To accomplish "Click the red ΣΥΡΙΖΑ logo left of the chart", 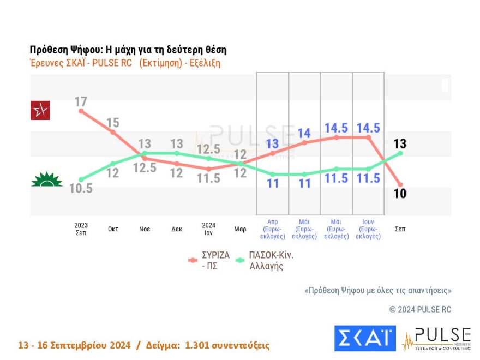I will click(40, 111).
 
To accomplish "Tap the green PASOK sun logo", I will click(46, 179).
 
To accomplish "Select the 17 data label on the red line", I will click(81, 101).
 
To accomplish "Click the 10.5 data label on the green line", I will click(81, 189).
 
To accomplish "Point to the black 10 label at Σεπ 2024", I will click(400, 194).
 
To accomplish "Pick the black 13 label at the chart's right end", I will click(400, 144).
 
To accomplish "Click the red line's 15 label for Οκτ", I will click(113, 122).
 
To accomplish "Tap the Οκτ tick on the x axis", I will click(113, 229).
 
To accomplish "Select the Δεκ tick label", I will click(177, 229).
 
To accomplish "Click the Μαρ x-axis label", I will click(240, 229).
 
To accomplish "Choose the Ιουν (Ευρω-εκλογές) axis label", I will click(368, 229).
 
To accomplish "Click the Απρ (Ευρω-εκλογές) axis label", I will click(272, 229).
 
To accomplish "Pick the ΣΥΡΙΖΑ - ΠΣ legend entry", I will click(210, 260).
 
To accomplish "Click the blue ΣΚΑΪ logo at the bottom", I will click(364, 338).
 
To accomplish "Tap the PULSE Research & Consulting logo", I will click(436, 338).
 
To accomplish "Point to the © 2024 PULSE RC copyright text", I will click(420, 309).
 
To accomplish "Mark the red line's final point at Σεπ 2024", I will click(400, 184).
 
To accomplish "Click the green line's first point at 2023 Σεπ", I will click(81, 179).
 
